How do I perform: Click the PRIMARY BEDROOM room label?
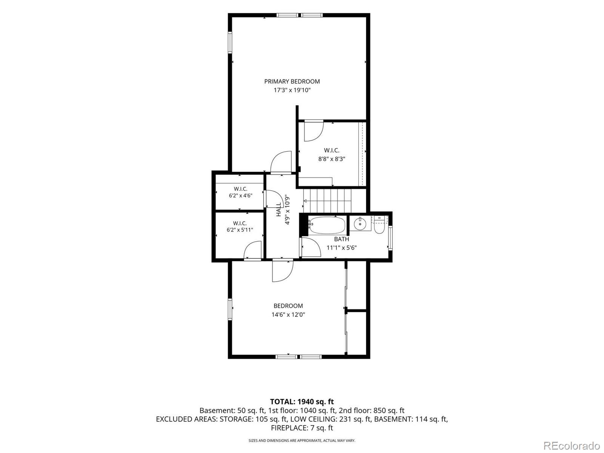click(292, 82)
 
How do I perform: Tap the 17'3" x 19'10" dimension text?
click(292, 90)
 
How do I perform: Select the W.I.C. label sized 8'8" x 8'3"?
click(331, 150)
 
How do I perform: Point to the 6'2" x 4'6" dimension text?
click(240, 196)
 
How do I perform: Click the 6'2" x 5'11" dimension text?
click(240, 230)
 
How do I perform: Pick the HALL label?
click(279, 210)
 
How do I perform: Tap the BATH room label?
click(342, 239)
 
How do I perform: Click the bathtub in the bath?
click(327, 225)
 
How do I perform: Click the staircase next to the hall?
click(327, 201)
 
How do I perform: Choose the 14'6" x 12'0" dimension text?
click(288, 314)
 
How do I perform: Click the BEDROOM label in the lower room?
click(288, 305)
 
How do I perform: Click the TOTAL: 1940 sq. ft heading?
click(302, 402)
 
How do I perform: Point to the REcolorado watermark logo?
click(572, 445)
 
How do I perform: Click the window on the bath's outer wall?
click(390, 238)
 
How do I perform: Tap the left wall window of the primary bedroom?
click(230, 42)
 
